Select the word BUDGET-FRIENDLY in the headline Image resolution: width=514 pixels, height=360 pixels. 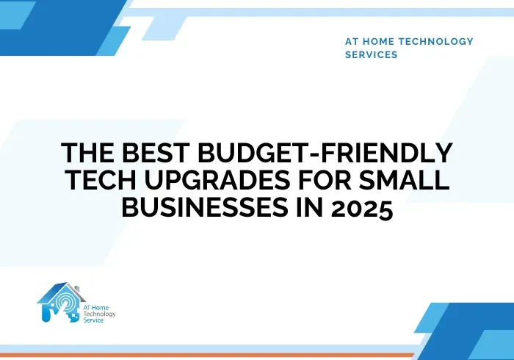[x=325, y=153]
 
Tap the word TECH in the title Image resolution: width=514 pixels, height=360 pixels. [x=101, y=180]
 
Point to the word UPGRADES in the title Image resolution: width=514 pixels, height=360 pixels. [x=217, y=180]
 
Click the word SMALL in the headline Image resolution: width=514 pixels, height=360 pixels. [x=404, y=180]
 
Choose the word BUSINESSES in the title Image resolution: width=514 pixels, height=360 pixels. [x=205, y=207]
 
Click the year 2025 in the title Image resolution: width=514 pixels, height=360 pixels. [x=362, y=208]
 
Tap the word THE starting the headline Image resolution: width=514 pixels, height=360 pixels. [x=88, y=153]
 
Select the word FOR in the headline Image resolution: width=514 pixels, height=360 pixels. [x=325, y=180]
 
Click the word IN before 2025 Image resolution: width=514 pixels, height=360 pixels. [x=310, y=207]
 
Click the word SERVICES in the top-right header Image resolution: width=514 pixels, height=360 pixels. [x=371, y=54]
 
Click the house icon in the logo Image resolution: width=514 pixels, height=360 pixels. [x=60, y=302]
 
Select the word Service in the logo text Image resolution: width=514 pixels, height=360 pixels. [x=93, y=320]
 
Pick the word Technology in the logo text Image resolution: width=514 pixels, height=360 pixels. [x=99, y=314]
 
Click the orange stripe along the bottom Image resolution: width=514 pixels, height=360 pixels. [x=207, y=355]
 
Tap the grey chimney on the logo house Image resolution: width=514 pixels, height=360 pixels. [x=77, y=289]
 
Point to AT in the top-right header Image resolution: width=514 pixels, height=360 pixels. [x=352, y=41]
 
